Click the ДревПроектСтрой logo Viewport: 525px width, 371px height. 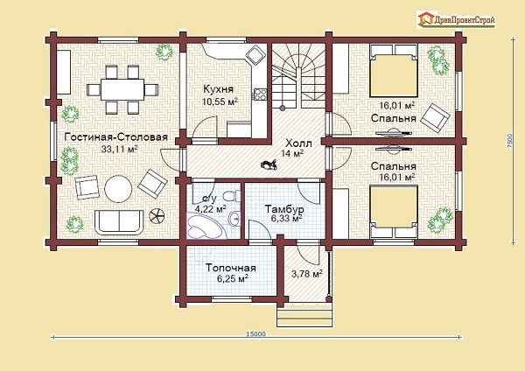(456, 19)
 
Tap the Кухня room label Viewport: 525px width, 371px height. (218, 89)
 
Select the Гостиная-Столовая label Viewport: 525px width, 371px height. (115, 137)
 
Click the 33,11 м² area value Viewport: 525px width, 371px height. (120, 149)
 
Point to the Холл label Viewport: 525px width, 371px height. (298, 143)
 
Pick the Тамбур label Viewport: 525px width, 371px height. (284, 209)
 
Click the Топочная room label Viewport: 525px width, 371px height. (231, 268)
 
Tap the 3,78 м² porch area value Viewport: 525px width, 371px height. (307, 274)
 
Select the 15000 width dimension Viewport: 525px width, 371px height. (255, 333)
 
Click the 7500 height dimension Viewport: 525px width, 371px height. (509, 141)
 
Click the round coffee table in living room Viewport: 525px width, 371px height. (118, 189)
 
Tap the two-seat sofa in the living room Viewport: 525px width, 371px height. (119, 222)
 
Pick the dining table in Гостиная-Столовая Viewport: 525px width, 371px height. (122, 89)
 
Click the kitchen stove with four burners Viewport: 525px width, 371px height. (260, 94)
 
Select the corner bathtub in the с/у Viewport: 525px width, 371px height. (205, 227)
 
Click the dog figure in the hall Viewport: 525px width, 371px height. (269, 164)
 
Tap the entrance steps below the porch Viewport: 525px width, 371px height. (305, 316)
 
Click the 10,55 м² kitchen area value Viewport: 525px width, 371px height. (220, 101)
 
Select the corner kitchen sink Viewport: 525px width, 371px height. (256, 54)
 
